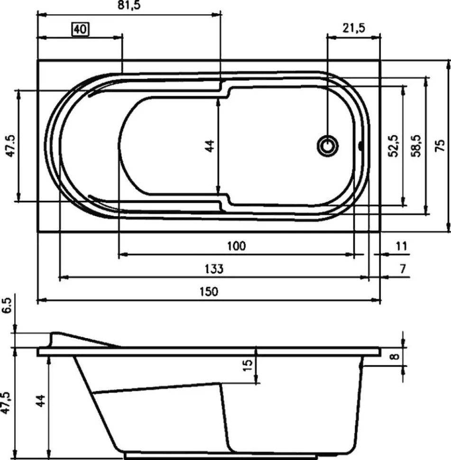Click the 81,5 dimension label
(x=129, y=5)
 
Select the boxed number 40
(x=81, y=29)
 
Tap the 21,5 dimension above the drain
(x=354, y=28)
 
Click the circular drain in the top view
(x=328, y=146)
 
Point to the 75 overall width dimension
(x=440, y=145)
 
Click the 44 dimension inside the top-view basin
(x=210, y=146)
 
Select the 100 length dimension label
(x=237, y=246)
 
